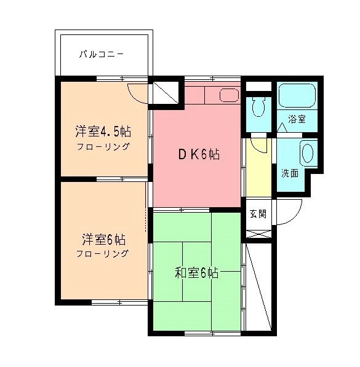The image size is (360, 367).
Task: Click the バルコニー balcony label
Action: [102, 55]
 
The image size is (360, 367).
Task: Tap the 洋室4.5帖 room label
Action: [103, 132]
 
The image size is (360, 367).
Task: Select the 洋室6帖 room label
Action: [103, 239]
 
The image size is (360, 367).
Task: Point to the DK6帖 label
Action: [199, 155]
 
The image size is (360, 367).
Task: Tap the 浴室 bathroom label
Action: [298, 119]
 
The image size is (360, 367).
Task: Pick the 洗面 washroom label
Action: [290, 173]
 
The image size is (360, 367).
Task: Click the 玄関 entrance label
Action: [258, 214]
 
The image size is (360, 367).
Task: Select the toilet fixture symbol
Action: [258, 109]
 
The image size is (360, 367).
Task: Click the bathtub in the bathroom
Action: [297, 96]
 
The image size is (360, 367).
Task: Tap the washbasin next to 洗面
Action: [308, 152]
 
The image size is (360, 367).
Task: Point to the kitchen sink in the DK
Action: [229, 95]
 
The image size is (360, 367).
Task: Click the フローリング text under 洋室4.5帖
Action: [103, 147]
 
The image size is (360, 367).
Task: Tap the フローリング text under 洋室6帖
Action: [103, 253]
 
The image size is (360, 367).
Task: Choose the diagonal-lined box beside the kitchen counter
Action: [164, 94]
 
